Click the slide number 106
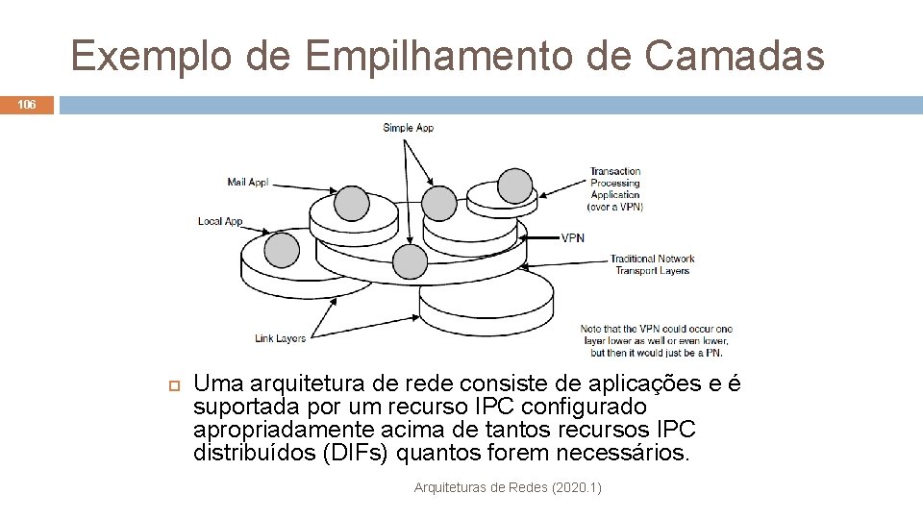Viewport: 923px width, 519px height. [27, 105]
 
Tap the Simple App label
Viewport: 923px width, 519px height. [408, 128]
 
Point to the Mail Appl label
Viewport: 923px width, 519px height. [247, 182]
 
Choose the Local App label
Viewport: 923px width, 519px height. [220, 221]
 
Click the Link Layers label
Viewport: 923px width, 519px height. [280, 338]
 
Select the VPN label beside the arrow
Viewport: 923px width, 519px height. [572, 237]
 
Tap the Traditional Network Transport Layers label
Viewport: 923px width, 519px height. [652, 264]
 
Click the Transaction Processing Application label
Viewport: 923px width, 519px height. [615, 188]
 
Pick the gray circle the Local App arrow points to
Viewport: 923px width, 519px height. [282, 250]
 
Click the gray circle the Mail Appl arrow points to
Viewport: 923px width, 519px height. [351, 204]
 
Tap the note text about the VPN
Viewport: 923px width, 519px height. [656, 340]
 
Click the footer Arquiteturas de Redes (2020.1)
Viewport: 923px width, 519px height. [508, 488]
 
